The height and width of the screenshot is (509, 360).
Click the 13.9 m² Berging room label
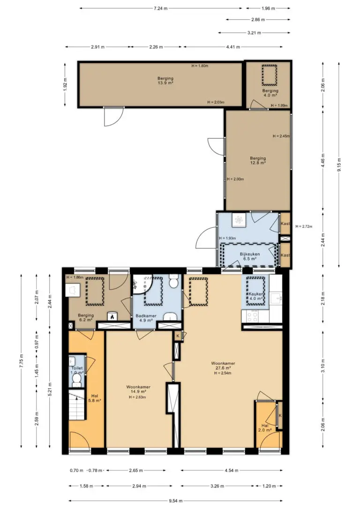pos(165,81)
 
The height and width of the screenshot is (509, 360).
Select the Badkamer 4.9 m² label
pos(146,318)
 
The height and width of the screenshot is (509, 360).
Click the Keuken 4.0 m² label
pos(256,296)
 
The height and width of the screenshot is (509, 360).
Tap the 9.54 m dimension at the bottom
pos(175,501)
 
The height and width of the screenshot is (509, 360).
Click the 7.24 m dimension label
pos(161,8)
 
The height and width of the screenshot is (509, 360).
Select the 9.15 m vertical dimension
pos(339,165)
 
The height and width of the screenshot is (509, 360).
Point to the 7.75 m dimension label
pos(21,360)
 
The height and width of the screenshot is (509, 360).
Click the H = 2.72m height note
pos(304,226)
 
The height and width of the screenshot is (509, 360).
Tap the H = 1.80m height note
pos(200,66)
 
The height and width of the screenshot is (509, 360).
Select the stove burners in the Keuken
pos(253,316)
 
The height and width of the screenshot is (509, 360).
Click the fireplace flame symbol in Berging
pos(112,316)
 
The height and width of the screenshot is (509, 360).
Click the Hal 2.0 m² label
pos(265,428)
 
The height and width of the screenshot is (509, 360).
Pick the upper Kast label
pos(285,224)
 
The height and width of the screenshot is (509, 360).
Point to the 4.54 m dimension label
pos(232,471)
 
